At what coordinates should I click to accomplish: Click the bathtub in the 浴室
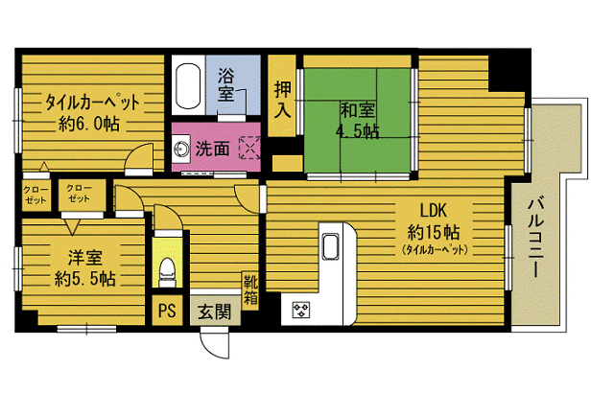coord(189,85)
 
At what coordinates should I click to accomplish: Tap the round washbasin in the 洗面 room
coord(181,150)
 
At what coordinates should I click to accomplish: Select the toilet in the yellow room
coord(167,272)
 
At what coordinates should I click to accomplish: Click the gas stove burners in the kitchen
coord(300,311)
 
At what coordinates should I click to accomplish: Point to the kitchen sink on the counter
coord(330,246)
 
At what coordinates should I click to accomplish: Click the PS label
coord(167,311)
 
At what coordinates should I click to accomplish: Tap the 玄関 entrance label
coord(214,312)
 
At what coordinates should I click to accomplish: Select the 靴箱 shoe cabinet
coord(250,289)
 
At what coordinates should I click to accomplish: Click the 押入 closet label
coord(282,100)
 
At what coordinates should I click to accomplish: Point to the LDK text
coord(434,211)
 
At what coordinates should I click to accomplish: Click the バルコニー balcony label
coord(535,238)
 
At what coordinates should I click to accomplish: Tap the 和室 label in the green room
coord(358,110)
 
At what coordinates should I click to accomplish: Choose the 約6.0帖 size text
coord(89,124)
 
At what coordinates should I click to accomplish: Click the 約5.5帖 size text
coord(85,279)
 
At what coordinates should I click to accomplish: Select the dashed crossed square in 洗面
coord(249,148)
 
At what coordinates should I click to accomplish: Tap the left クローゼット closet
coord(35,195)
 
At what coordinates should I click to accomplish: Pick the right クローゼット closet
coord(82,195)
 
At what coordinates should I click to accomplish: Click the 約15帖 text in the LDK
coord(434,233)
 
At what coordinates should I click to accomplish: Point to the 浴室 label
coord(226,84)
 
